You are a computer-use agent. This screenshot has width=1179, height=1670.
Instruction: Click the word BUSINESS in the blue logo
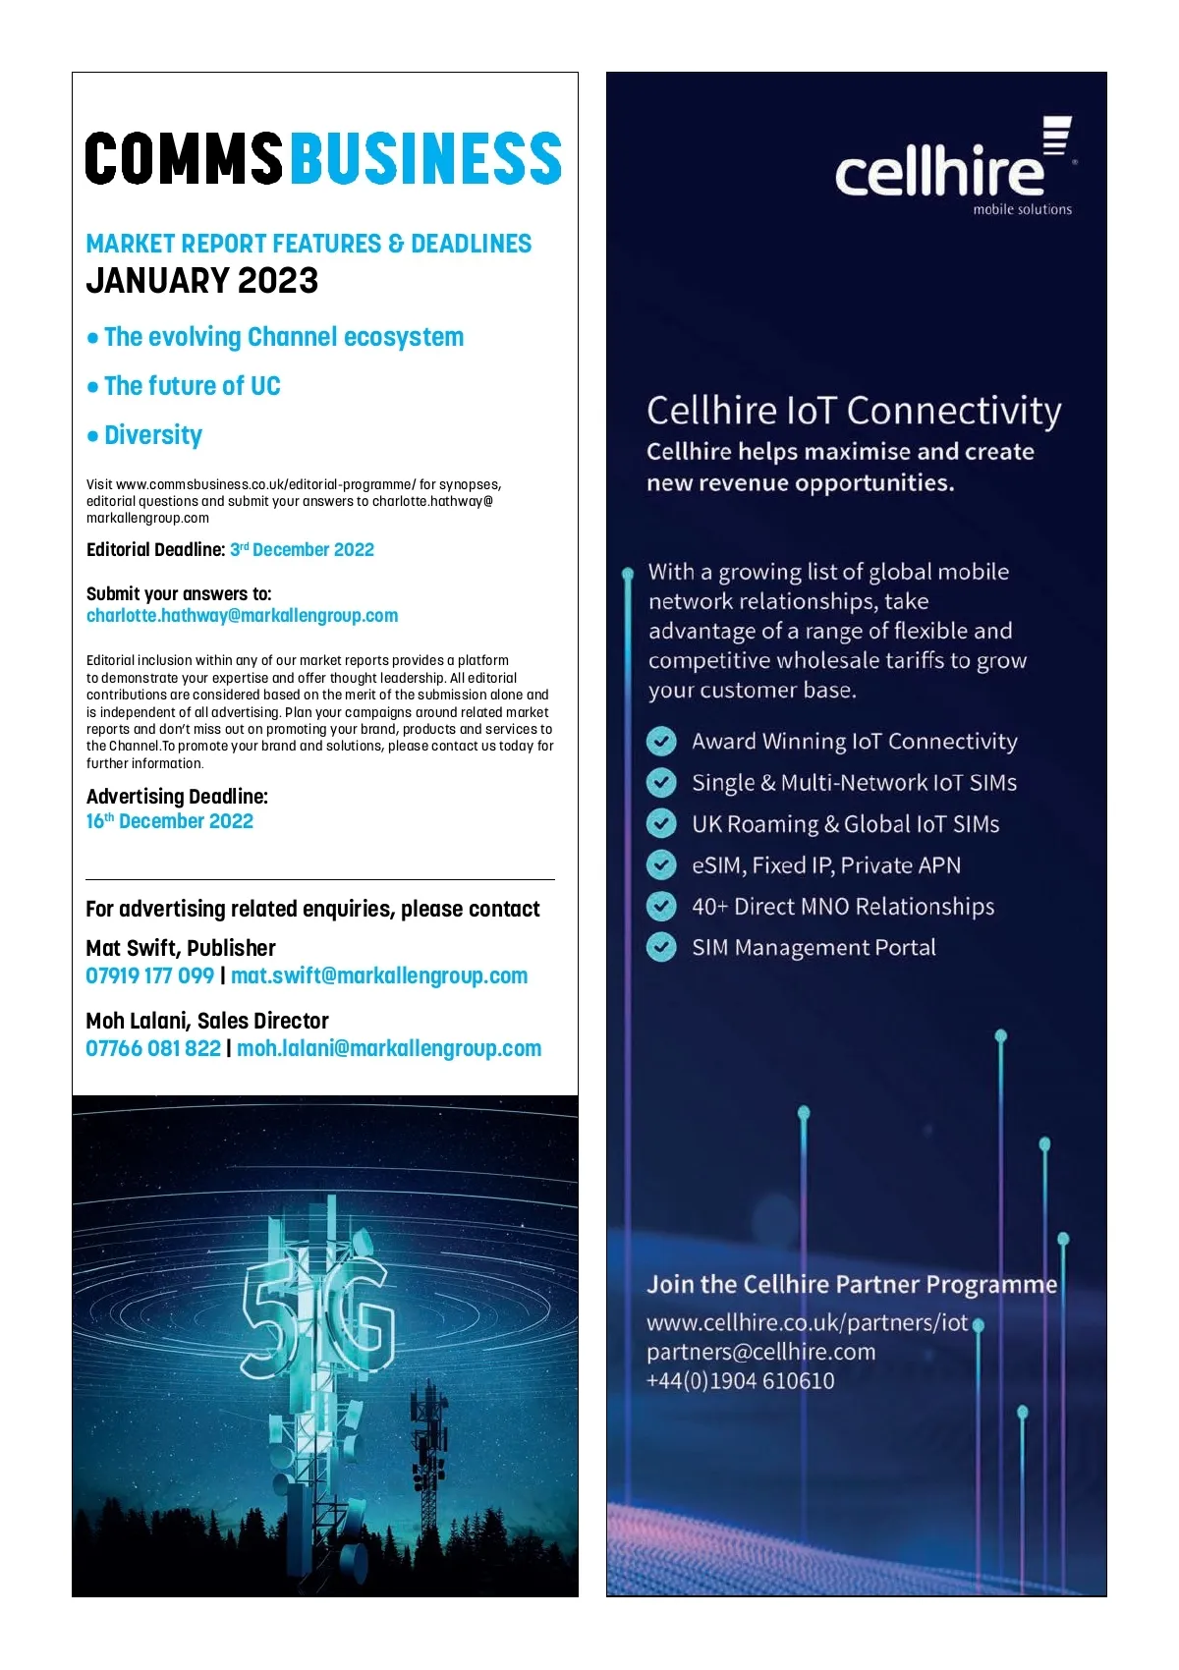[x=426, y=159]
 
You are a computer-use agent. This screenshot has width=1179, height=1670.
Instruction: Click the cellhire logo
[x=952, y=167]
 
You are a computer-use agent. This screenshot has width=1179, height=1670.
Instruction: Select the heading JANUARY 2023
[x=202, y=281]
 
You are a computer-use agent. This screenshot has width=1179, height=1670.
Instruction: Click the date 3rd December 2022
[x=303, y=549]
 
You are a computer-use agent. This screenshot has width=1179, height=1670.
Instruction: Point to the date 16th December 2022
[x=170, y=821]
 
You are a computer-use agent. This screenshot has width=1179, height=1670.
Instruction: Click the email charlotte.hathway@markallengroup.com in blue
[x=243, y=616]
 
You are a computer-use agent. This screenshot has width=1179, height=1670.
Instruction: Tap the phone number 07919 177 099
[x=149, y=975]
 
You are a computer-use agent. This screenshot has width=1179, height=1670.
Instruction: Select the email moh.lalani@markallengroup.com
[x=389, y=1048]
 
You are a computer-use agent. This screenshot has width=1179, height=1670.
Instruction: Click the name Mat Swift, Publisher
[x=181, y=948]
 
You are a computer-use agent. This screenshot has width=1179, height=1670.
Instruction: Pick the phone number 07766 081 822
[x=153, y=1048]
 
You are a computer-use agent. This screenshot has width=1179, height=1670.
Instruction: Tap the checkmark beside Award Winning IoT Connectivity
[x=661, y=742]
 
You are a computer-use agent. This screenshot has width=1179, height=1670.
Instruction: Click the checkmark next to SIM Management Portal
[x=661, y=948]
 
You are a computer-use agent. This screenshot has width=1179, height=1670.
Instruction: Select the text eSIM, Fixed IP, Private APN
[x=826, y=865]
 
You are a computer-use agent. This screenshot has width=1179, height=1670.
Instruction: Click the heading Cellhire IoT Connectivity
[x=854, y=411]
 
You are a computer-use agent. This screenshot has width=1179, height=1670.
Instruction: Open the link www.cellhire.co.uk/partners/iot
[x=807, y=1322]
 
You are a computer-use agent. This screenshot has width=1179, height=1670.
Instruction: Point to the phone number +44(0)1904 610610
[x=741, y=1380]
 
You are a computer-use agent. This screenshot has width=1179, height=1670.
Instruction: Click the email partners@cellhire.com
[x=760, y=1352]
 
